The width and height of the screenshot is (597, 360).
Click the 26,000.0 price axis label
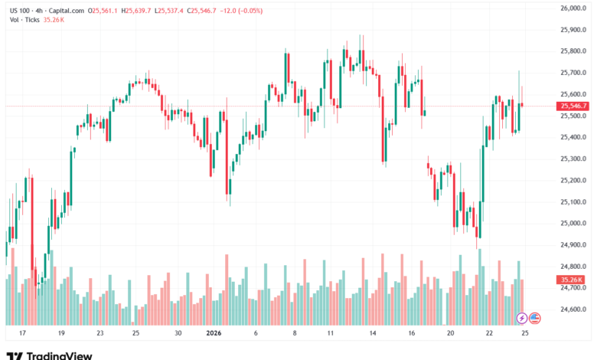pyautogui.click(x=573, y=8)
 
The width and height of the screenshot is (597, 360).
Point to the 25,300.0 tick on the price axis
pyautogui.click(x=573, y=159)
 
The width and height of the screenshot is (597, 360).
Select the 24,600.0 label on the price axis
pyautogui.click(x=573, y=309)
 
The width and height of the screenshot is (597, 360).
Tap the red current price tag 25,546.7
pyautogui.click(x=573, y=106)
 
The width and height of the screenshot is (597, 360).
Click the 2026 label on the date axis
pyautogui.click(x=214, y=333)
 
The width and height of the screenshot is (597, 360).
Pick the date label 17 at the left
pyautogui.click(x=22, y=333)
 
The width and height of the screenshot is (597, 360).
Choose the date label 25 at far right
pyautogui.click(x=525, y=333)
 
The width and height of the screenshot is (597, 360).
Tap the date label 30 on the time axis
pyautogui.click(x=178, y=333)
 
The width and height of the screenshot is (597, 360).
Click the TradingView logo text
pyautogui.click(x=59, y=355)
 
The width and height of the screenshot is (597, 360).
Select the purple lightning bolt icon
pyautogui.click(x=522, y=317)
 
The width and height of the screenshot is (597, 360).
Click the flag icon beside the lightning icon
pyautogui.click(x=535, y=317)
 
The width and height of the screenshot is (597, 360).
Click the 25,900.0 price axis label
pyautogui.click(x=573, y=30)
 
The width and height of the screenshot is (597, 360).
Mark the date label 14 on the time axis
pyautogui.click(x=372, y=333)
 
